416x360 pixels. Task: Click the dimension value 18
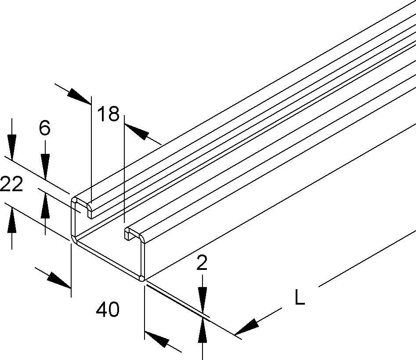108,114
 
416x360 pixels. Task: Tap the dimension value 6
44,128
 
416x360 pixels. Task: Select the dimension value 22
11,185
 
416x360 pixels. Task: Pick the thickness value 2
202,264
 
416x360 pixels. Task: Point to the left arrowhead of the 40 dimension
59,280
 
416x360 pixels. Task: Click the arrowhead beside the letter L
247,326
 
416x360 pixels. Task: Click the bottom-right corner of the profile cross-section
141,278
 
